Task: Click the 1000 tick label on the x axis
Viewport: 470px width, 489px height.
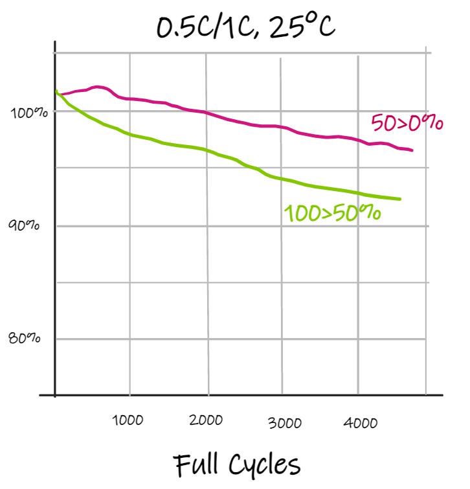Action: pyautogui.click(x=128, y=420)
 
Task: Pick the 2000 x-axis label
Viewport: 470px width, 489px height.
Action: pyautogui.click(x=206, y=420)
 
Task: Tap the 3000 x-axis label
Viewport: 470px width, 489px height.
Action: pyautogui.click(x=285, y=424)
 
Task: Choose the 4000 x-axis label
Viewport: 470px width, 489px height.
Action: pyautogui.click(x=361, y=424)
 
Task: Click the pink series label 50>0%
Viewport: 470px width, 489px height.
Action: pyautogui.click(x=407, y=122)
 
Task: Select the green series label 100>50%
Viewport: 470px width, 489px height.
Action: pyautogui.click(x=332, y=212)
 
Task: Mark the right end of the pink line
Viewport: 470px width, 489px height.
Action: pyautogui.click(x=412, y=150)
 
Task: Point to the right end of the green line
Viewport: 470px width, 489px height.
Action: pyautogui.click(x=400, y=199)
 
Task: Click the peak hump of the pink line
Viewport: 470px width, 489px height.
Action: pyautogui.click(x=99, y=87)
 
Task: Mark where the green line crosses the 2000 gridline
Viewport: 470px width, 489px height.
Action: pyautogui.click(x=207, y=150)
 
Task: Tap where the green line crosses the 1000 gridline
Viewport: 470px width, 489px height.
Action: pyautogui.click(x=129, y=135)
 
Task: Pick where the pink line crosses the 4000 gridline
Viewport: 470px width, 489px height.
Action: pyautogui.click(x=358, y=140)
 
